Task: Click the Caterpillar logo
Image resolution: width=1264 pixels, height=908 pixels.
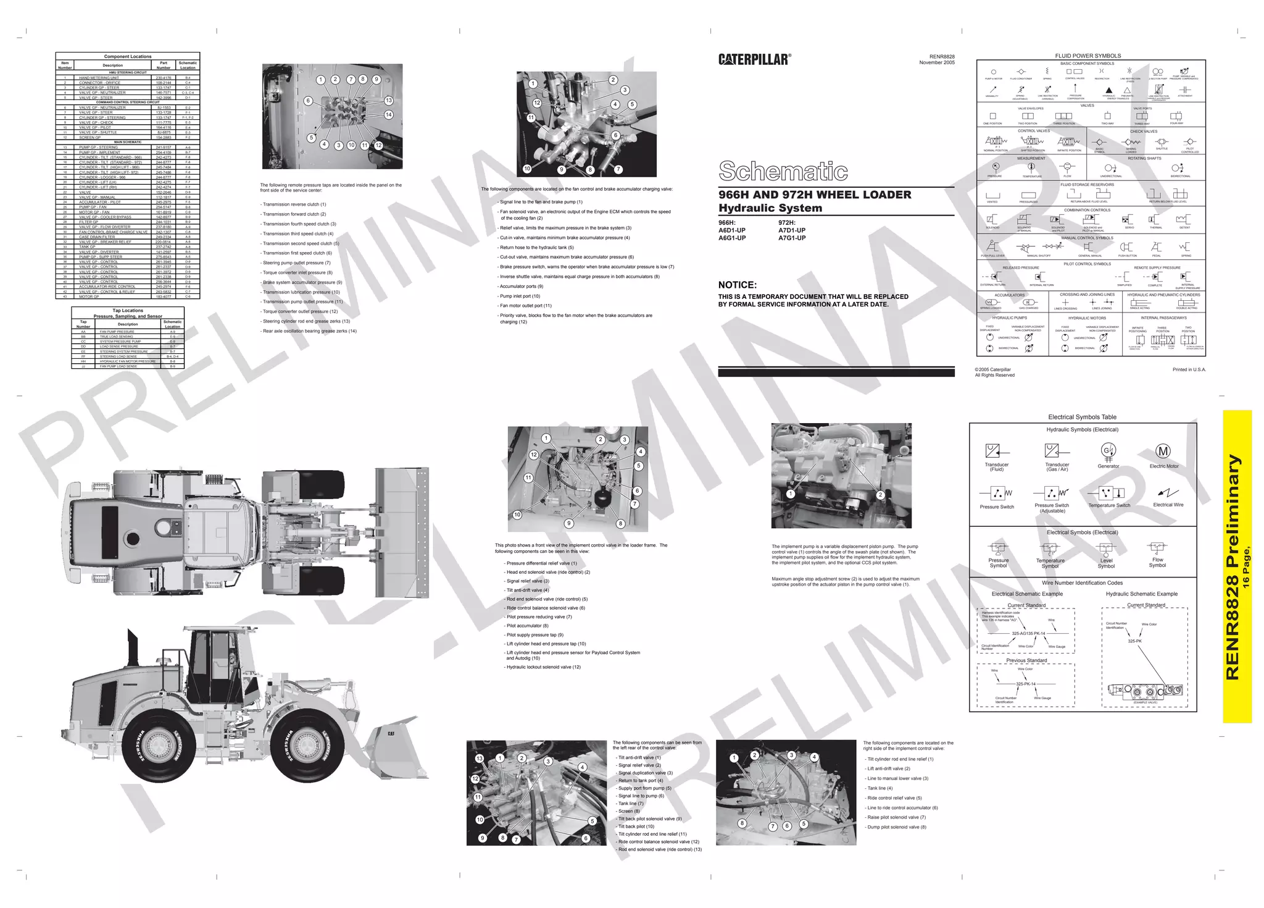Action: click(754, 59)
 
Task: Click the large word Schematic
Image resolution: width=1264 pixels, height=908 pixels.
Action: click(783, 171)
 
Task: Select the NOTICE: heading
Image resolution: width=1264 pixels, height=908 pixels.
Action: click(737, 285)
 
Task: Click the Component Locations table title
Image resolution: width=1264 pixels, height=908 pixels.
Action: click(127, 56)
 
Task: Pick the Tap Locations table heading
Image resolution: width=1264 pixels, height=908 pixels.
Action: click(128, 311)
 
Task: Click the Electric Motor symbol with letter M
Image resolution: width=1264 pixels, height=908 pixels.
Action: click(1163, 452)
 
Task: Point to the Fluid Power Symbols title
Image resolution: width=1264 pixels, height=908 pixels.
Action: click(1087, 56)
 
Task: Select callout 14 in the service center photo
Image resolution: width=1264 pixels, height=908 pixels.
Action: click(388, 115)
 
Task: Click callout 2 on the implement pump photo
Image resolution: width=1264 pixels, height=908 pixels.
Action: click(880, 495)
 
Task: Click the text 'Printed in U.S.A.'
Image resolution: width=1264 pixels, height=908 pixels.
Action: click(1189, 369)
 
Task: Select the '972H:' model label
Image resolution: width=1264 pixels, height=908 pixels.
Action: click(787, 223)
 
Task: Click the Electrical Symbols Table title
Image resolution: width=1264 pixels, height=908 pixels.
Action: click(1082, 417)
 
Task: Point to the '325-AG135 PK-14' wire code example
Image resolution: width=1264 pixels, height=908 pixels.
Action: click(1028, 634)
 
